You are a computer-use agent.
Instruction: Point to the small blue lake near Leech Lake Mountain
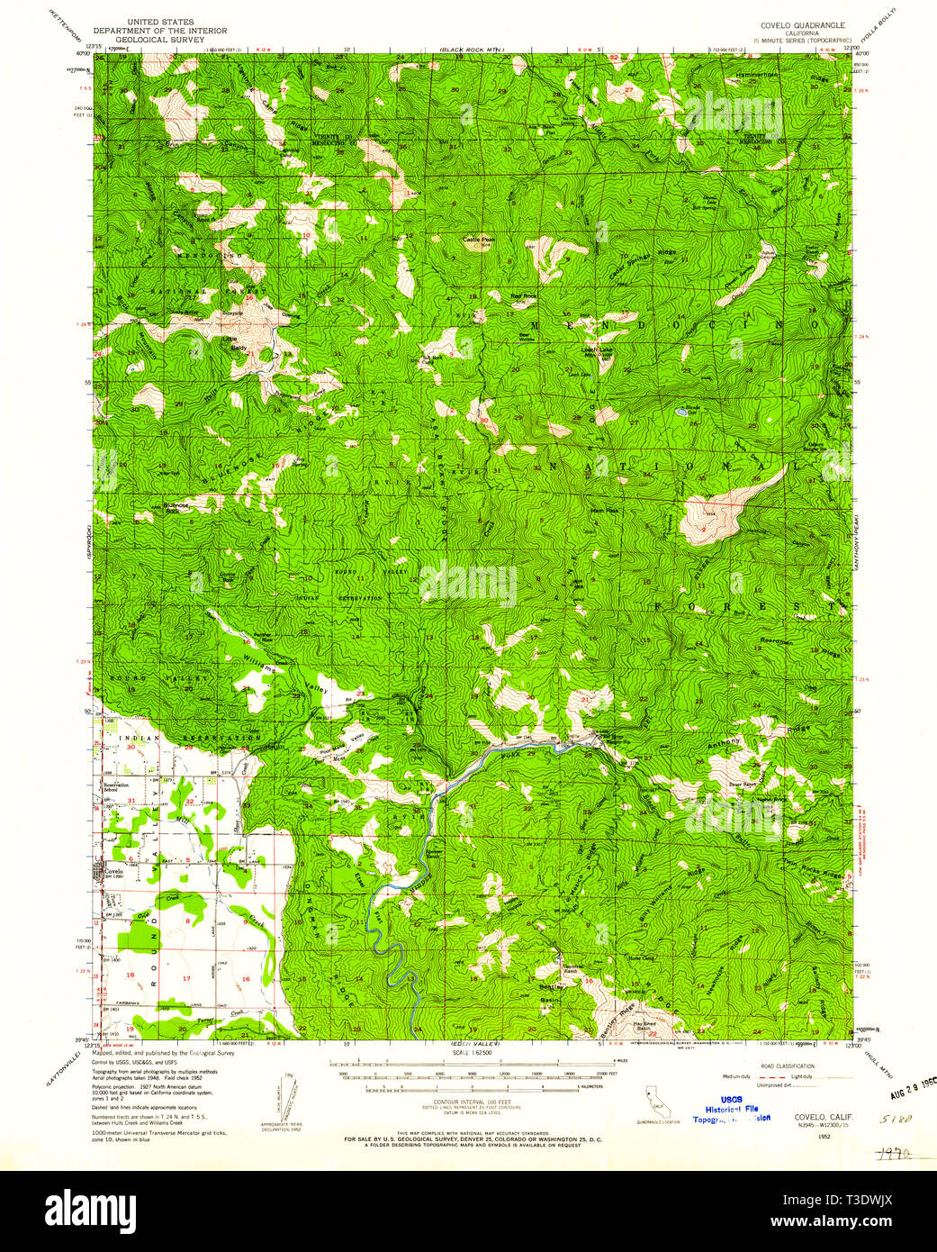(680, 412)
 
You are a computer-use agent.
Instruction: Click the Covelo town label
(112, 872)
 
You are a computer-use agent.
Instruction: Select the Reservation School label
(117, 787)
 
